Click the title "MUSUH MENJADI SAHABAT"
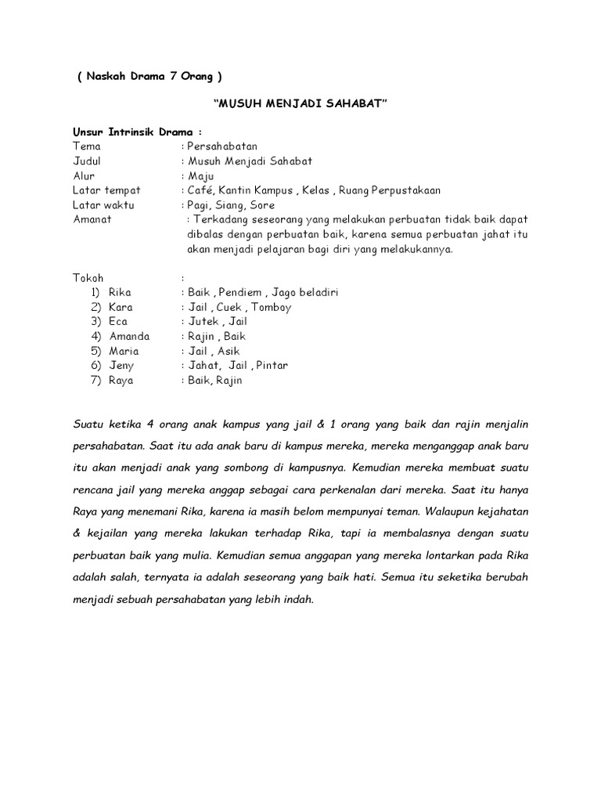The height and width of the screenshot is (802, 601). [300, 104]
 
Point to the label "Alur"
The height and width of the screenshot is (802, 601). [84, 175]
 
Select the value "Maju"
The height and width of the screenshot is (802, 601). [202, 175]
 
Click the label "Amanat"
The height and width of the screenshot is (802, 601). [92, 219]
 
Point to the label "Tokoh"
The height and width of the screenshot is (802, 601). [88, 277]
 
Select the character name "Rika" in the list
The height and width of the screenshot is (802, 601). [121, 292]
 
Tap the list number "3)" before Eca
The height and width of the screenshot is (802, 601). [96, 321]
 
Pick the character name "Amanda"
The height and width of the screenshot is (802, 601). [129, 336]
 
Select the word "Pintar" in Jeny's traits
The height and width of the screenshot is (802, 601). [270, 366]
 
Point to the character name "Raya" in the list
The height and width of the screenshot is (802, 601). [121, 381]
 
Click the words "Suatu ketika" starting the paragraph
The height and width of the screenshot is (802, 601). [103, 424]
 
